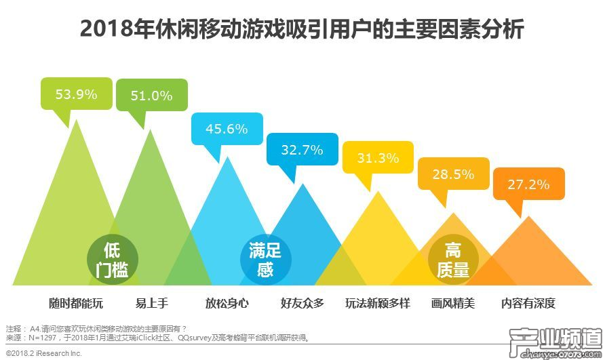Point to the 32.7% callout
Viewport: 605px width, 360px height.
point(302,151)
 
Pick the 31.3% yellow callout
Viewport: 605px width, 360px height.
point(377,159)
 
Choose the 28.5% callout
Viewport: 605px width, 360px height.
point(453,175)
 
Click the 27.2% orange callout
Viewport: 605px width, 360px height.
point(528,184)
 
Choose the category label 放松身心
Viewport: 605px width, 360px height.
point(227,303)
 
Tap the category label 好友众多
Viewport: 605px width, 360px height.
point(302,303)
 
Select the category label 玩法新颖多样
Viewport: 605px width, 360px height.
point(378,303)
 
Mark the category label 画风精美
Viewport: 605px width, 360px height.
point(453,303)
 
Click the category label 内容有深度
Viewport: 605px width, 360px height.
point(528,303)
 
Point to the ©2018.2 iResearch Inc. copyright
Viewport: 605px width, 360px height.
point(43,353)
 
